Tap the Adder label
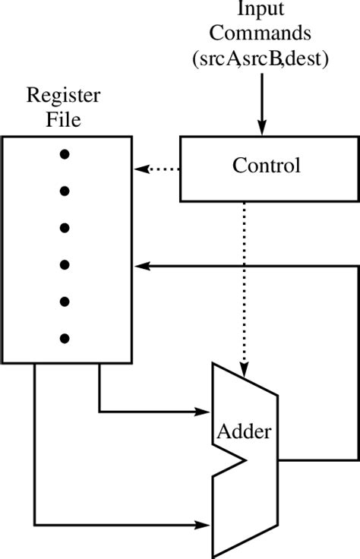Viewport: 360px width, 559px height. point(244,433)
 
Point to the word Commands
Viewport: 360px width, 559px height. point(261,33)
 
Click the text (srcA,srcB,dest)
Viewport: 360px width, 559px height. point(261,58)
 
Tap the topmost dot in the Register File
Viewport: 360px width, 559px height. point(65,154)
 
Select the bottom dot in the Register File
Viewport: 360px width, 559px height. point(65,338)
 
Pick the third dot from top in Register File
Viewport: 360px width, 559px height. point(65,228)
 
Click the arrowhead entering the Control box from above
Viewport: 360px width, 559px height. point(261,129)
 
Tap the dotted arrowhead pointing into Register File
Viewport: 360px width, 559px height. point(140,169)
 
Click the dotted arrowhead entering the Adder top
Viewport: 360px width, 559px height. point(244,371)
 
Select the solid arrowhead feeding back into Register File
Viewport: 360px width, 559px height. point(141,266)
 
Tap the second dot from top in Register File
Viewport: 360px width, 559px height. point(65,191)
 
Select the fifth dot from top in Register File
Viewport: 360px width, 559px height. point(65,302)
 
